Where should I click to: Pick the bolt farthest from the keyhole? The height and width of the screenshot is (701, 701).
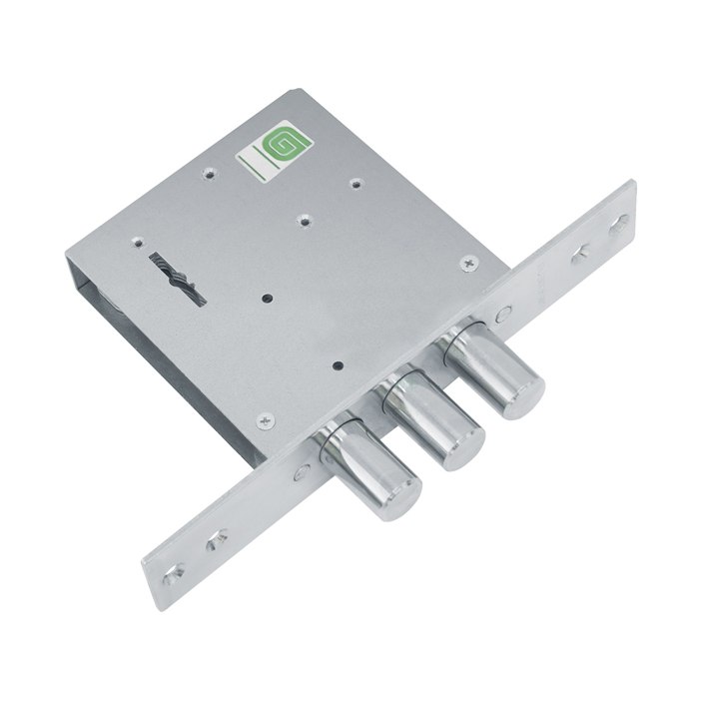coord(491,368)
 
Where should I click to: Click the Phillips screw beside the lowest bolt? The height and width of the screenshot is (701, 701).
coord(266,421)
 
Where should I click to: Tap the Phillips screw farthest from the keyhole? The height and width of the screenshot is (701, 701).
coord(469,264)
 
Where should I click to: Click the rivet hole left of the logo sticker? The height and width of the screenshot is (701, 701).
coord(210,173)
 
